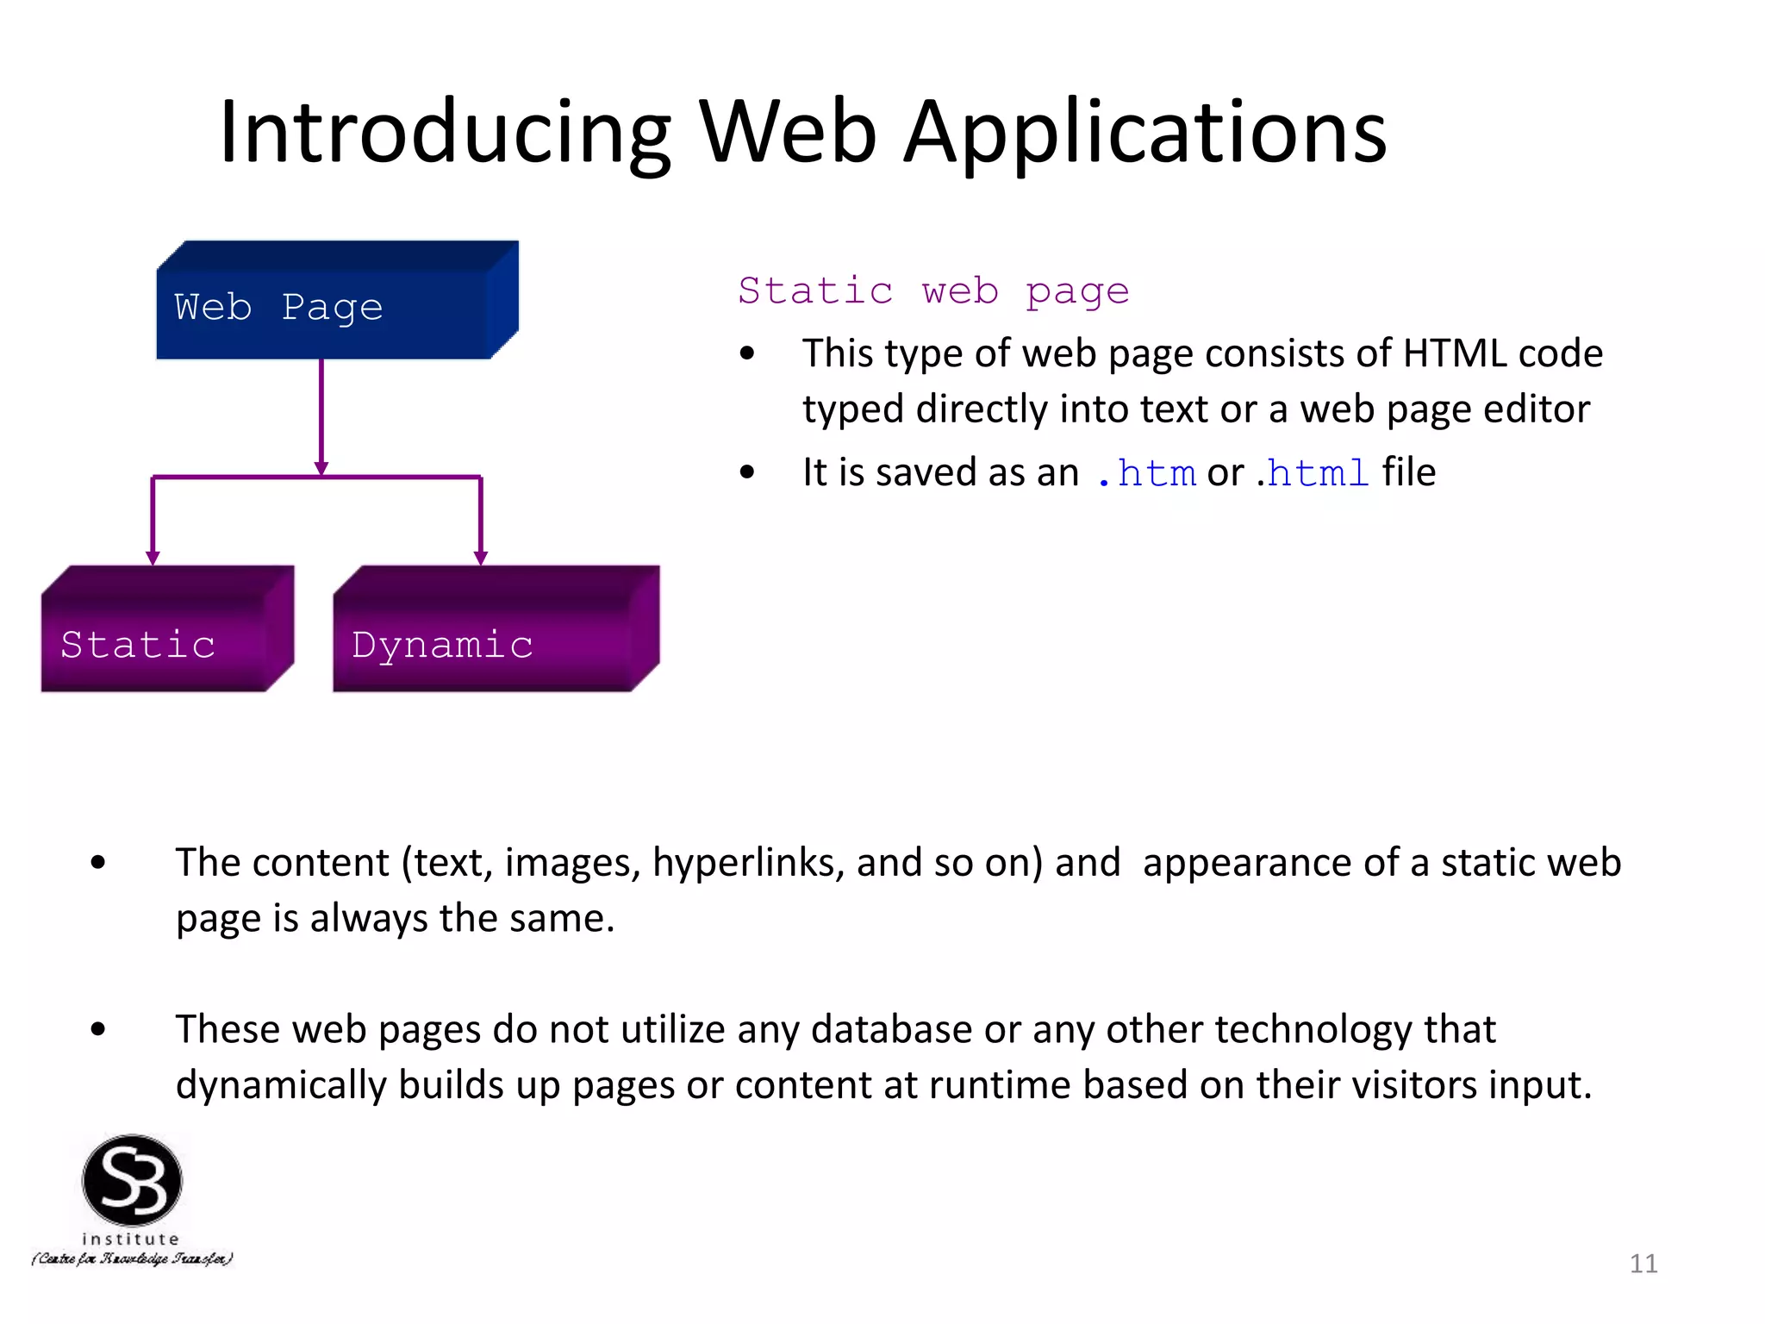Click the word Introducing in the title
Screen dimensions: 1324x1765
[445, 133]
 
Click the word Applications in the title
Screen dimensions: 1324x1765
[1145, 133]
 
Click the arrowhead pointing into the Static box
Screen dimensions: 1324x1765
[153, 558]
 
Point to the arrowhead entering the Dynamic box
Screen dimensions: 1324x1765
[481, 558]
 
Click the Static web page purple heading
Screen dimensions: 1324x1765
[933, 291]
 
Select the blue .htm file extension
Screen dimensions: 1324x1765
[1147, 473]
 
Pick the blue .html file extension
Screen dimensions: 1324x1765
[1312, 473]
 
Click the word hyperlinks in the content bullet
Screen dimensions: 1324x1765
[748, 863]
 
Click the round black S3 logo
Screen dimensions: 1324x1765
[132, 1180]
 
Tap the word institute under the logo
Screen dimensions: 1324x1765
[131, 1239]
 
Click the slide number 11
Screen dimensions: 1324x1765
[1643, 1264]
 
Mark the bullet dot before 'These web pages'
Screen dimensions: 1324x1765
[98, 1029]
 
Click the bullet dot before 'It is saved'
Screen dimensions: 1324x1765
[747, 472]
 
